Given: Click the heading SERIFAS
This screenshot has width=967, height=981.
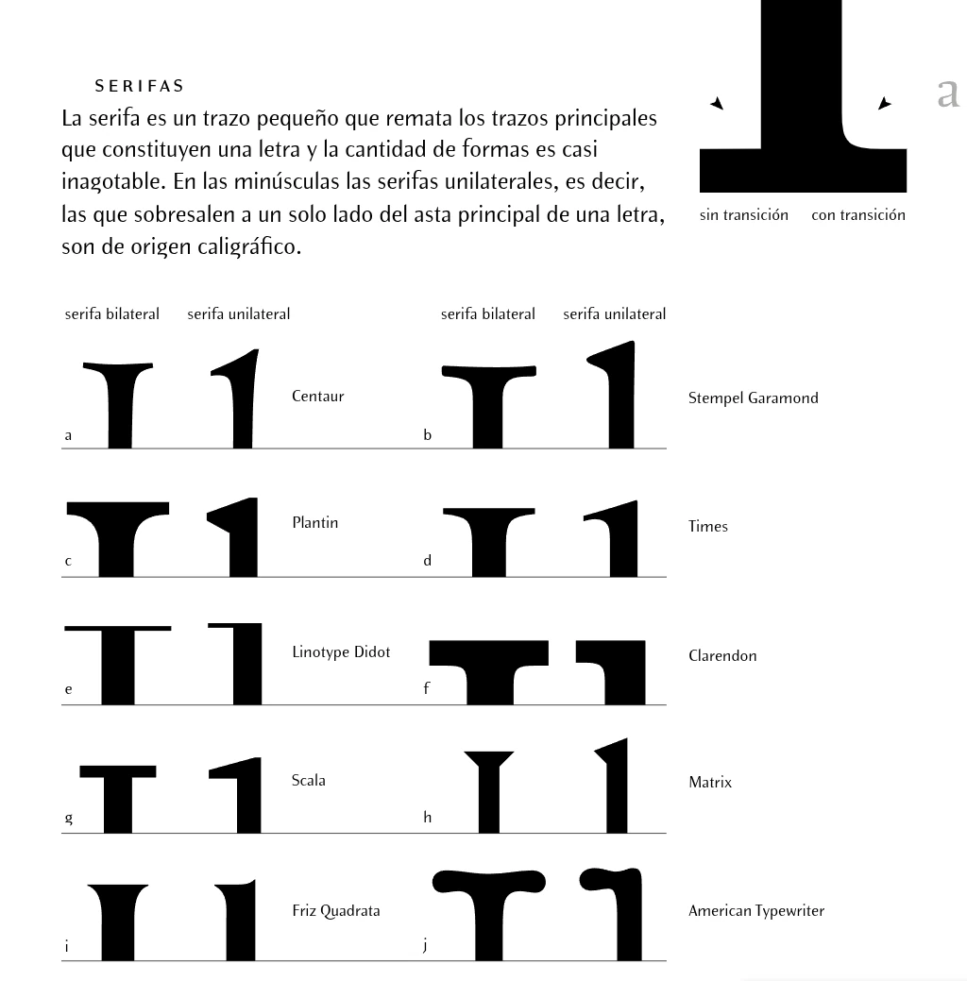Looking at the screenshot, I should pyautogui.click(x=139, y=86).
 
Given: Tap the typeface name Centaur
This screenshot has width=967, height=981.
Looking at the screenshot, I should pyautogui.click(x=317, y=397).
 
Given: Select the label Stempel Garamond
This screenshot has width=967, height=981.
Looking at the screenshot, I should pyautogui.click(x=753, y=398).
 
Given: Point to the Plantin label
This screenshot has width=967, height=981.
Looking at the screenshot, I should pyautogui.click(x=314, y=523).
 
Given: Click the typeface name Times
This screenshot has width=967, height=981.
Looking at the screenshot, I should pyautogui.click(x=707, y=527).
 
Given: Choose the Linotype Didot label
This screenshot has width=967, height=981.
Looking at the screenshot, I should pyautogui.click(x=340, y=652).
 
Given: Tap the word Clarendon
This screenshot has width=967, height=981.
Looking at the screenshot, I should pyautogui.click(x=722, y=656).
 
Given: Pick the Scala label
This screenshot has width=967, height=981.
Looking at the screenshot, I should pyautogui.click(x=308, y=781).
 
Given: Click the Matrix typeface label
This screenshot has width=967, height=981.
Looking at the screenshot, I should pyautogui.click(x=709, y=783).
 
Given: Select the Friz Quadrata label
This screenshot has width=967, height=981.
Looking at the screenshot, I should pyautogui.click(x=335, y=911).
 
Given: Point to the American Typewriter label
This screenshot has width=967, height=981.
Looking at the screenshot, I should pyautogui.click(x=755, y=911).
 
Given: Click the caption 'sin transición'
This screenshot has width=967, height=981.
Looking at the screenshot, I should pyautogui.click(x=743, y=215).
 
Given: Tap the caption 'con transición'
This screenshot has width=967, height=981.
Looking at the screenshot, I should pyautogui.click(x=857, y=215).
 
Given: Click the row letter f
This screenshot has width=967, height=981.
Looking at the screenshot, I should pyautogui.click(x=426, y=688).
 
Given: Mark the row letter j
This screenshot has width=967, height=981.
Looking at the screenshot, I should pyautogui.click(x=426, y=944).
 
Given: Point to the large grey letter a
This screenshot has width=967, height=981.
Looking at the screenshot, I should pyautogui.click(x=948, y=93).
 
